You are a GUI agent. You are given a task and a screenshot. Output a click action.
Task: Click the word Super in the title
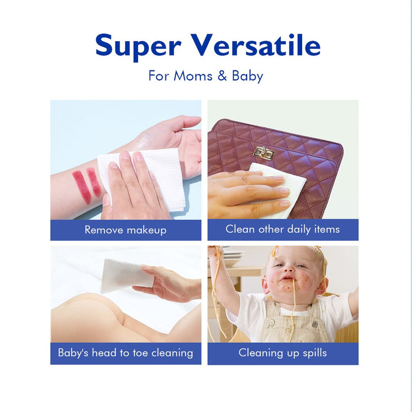pyautogui.click(x=138, y=47)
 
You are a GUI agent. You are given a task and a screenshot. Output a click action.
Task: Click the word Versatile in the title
pyautogui.click(x=255, y=45)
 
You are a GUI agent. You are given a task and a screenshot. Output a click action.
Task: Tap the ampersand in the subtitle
pyautogui.click(x=222, y=76)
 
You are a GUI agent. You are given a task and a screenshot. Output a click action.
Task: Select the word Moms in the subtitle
pyautogui.click(x=193, y=76)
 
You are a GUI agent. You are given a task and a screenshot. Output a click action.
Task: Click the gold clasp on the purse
pyautogui.click(x=264, y=153)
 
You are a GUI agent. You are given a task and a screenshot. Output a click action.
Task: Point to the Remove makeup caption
pyautogui.click(x=125, y=230)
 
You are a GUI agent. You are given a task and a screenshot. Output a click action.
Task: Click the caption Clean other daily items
pyautogui.click(x=283, y=229)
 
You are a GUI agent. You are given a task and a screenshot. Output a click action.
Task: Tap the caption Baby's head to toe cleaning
pyautogui.click(x=125, y=353)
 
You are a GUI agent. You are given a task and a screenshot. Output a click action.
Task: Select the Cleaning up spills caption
pyautogui.click(x=283, y=353)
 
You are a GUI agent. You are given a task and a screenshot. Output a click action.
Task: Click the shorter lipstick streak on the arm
pyautogui.click(x=94, y=183)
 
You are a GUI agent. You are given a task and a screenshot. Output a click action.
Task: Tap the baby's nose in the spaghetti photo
pyautogui.click(x=288, y=270)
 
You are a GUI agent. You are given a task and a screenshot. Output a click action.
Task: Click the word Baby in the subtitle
pyautogui.click(x=247, y=76)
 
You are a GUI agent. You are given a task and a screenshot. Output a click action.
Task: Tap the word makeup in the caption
pyautogui.click(x=146, y=230)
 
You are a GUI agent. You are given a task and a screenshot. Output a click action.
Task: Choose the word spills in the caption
pyautogui.click(x=315, y=353)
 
